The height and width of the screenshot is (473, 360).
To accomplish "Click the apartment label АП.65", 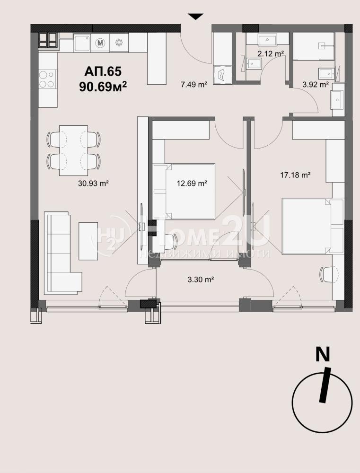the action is [x=103, y=71].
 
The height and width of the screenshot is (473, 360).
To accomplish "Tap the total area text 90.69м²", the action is [x=103, y=86].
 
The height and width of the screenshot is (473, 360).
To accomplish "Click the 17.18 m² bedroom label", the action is [x=295, y=175].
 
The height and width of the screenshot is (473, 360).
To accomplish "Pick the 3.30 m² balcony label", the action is [x=201, y=280].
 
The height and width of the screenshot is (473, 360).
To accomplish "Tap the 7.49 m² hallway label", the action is [x=194, y=85].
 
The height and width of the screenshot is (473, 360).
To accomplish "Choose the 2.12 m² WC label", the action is [x=271, y=54].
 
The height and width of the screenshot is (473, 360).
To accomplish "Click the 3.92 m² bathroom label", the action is [x=316, y=85].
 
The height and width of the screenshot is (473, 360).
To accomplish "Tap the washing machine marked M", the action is [x=100, y=43].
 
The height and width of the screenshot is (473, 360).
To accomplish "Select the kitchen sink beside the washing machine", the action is [x=82, y=43].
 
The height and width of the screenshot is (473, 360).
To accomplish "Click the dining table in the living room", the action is [x=74, y=150].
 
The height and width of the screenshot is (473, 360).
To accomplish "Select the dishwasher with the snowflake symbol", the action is [x=119, y=43].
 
